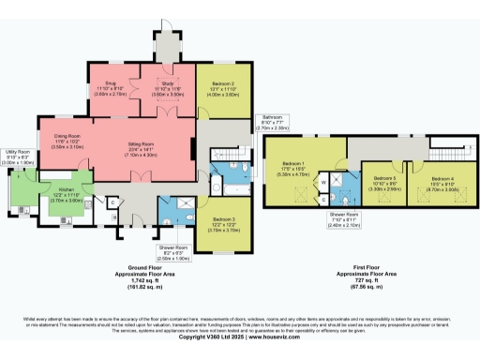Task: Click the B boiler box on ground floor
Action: [x=115, y=217]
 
